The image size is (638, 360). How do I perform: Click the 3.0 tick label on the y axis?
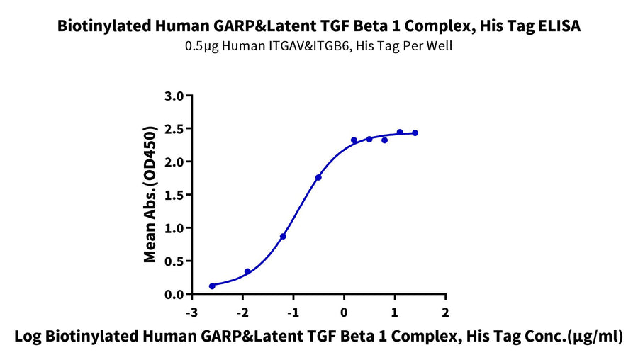click(174, 96)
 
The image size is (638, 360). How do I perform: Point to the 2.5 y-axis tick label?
click(174, 129)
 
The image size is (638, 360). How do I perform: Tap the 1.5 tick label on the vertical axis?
click(174, 195)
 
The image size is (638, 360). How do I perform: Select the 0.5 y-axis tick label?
click(174, 261)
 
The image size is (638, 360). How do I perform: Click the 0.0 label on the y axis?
click(174, 294)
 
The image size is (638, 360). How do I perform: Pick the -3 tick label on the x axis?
click(191, 313)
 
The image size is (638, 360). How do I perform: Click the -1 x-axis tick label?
click(293, 313)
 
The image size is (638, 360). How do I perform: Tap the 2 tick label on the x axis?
click(446, 313)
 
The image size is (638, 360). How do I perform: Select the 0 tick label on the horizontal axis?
click(345, 313)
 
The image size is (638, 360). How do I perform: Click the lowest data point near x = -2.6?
click(212, 286)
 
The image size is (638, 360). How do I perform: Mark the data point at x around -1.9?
click(247, 271)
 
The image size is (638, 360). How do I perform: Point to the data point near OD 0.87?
click(283, 237)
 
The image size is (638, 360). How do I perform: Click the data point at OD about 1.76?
click(318, 177)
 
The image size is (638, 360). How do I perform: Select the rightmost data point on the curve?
click(415, 133)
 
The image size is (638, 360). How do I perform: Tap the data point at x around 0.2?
click(354, 140)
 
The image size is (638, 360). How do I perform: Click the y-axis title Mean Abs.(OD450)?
click(150, 194)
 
